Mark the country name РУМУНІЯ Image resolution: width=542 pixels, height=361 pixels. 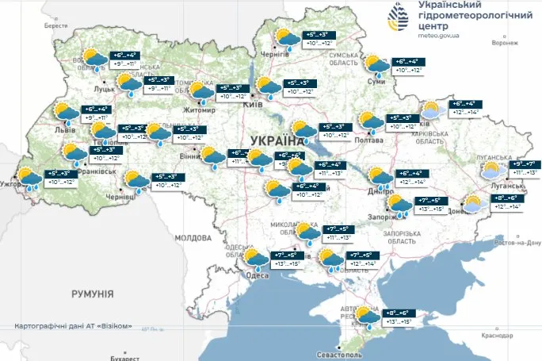click(x=92, y=294)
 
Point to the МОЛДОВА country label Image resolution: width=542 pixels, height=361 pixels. click(x=190, y=237)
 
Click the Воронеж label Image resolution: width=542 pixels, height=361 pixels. click(x=504, y=43)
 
